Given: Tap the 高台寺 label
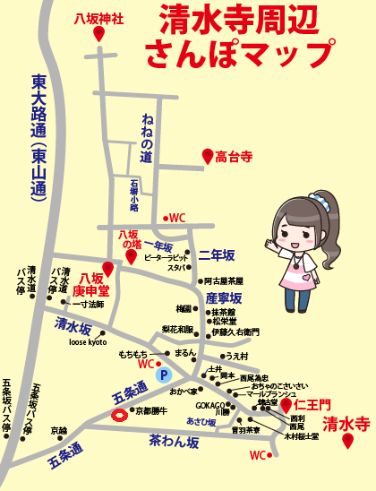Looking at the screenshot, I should [x=234, y=156].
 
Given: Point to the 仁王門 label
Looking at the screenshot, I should [x=313, y=405].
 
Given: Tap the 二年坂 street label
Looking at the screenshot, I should [x=216, y=254].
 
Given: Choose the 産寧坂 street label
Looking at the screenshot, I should [x=224, y=297].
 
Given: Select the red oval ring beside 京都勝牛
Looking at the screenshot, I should [x=119, y=413].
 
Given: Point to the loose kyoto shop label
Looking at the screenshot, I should [x=88, y=342].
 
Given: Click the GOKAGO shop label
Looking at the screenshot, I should [x=210, y=405].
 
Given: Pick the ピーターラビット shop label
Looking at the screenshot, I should [x=165, y=256].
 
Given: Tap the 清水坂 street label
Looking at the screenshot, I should [x=73, y=323].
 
